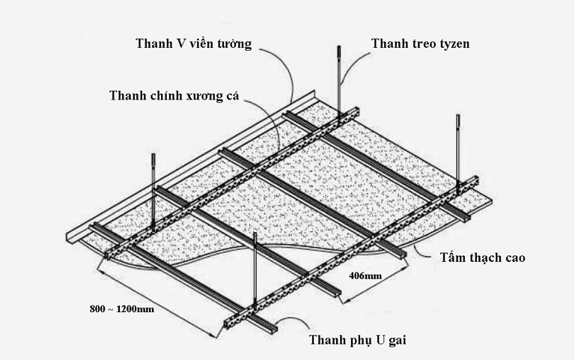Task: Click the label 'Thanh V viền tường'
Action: [192, 42]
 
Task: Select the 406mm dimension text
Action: [366, 275]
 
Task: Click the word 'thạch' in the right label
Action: [484, 258]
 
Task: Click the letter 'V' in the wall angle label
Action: [179, 42]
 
